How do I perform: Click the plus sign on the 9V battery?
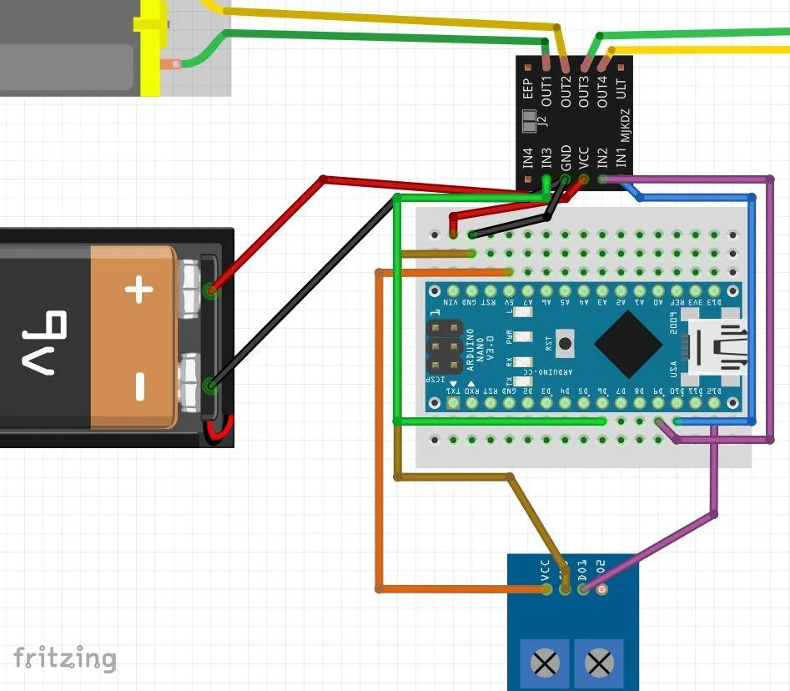pyautogui.click(x=139, y=291)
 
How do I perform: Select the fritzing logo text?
pyautogui.click(x=64, y=658)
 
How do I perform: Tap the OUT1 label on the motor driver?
pyautogui.click(x=547, y=89)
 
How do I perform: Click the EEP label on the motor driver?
pyautogui.click(x=528, y=89)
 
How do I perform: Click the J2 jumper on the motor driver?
pyautogui.click(x=529, y=125)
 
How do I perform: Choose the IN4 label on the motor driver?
pyautogui.click(x=528, y=158)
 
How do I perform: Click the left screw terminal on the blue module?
pyautogui.click(x=546, y=664)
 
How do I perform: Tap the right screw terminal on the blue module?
pyautogui.click(x=598, y=664)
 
